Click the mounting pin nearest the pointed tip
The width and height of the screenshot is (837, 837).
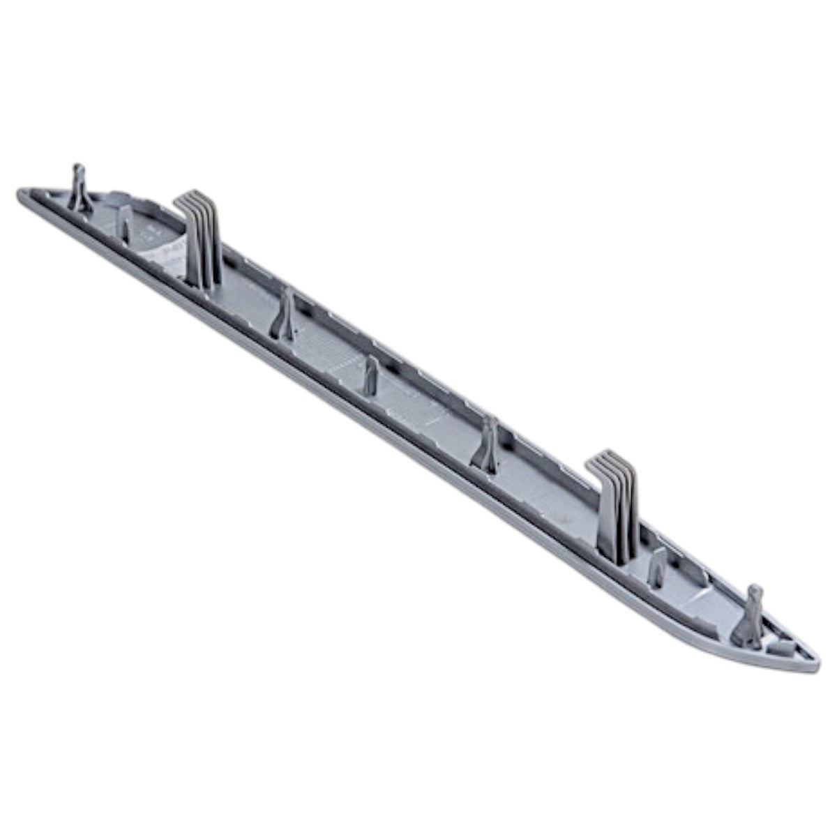click(753, 614)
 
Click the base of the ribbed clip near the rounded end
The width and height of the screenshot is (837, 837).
click(205, 279)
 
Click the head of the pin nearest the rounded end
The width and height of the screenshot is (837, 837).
click(79, 172)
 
